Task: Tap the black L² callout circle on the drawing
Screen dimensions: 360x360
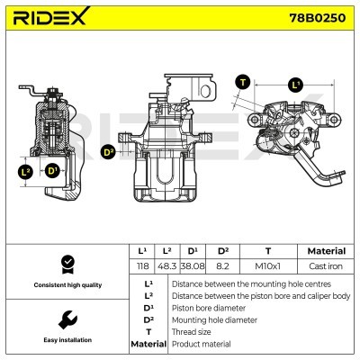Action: click(x=26, y=171)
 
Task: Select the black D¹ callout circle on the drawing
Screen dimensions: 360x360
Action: click(x=52, y=171)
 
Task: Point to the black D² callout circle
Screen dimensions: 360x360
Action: click(x=109, y=152)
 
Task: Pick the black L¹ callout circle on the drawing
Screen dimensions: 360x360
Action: click(x=296, y=85)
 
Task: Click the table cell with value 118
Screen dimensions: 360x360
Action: click(x=142, y=267)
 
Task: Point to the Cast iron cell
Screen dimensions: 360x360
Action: click(x=326, y=267)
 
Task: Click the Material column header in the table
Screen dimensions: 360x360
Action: click(x=326, y=251)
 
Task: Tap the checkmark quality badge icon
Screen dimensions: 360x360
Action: click(x=66, y=265)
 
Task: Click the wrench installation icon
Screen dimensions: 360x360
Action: click(x=66, y=319)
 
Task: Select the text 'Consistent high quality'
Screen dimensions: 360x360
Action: click(x=66, y=285)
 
